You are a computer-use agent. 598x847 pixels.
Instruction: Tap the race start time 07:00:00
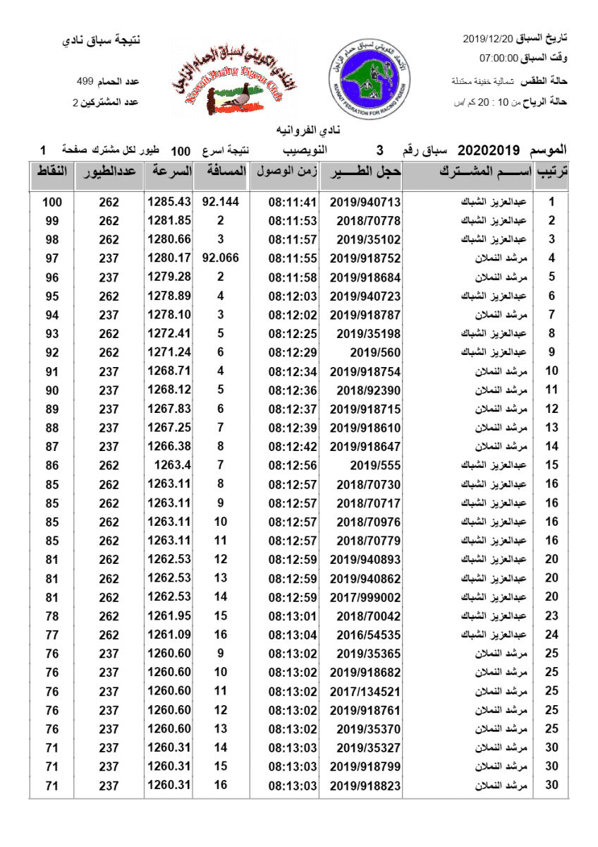[x=499, y=58]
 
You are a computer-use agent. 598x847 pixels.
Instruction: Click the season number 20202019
[x=489, y=150]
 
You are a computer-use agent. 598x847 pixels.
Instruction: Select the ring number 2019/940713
[x=360, y=202]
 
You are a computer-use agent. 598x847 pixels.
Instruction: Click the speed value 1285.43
[x=169, y=202]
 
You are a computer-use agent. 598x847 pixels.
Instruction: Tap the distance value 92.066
[x=220, y=258]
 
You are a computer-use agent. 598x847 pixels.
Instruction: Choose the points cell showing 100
[x=52, y=202]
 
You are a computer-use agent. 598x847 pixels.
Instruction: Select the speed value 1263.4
[x=173, y=464]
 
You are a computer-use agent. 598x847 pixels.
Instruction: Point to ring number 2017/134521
[x=360, y=692]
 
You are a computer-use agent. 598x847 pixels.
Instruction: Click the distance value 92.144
[x=220, y=202]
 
